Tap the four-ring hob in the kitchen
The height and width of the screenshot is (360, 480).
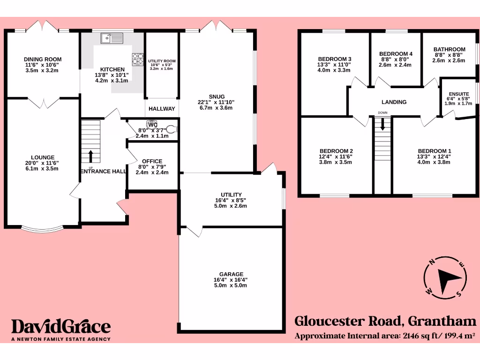137,60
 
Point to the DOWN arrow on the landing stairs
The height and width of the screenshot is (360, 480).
382,123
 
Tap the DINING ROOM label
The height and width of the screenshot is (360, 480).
43,60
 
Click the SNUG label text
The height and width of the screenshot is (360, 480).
217,97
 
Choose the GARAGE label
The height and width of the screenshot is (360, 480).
231,274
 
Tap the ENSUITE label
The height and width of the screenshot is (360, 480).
457,94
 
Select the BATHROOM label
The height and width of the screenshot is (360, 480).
449,49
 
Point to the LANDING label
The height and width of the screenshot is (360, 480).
394,102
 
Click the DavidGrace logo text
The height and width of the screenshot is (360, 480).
61,327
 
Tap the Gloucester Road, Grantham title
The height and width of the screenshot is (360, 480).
385,322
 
